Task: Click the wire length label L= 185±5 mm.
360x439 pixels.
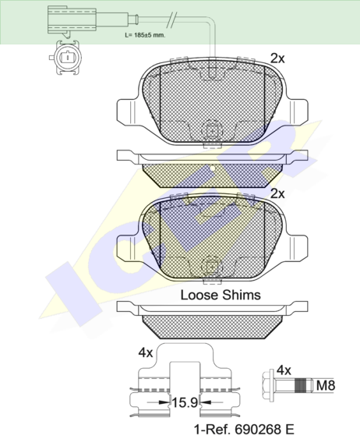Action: pyautogui.click(x=145, y=35)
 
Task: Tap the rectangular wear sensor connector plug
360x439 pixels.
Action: pyautogui.click(x=72, y=20)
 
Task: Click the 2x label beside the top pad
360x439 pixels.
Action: pyautogui.click(x=277, y=58)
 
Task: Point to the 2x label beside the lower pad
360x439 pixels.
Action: pyautogui.click(x=277, y=193)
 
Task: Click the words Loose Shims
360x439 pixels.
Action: pyautogui.click(x=221, y=295)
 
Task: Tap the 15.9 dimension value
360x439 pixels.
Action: pyautogui.click(x=185, y=402)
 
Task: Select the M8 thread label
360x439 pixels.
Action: pyautogui.click(x=325, y=386)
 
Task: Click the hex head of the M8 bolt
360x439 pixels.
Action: pyautogui.click(x=269, y=385)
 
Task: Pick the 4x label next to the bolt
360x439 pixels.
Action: pyautogui.click(x=284, y=370)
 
